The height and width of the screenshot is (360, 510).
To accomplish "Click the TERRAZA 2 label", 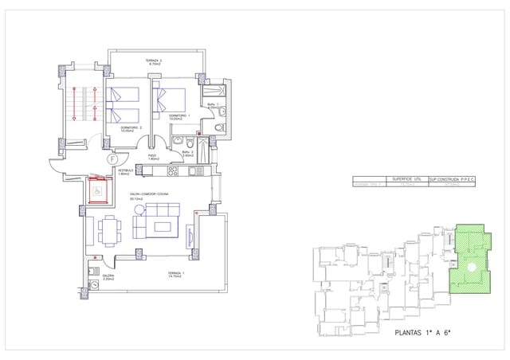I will pyautogui.click(x=154, y=62).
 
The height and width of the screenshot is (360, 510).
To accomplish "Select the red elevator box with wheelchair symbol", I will pyautogui.click(x=97, y=192).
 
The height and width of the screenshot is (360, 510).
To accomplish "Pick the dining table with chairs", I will pyautogui.click(x=110, y=231).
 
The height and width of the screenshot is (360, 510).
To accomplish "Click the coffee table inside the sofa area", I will pyautogui.click(x=164, y=227).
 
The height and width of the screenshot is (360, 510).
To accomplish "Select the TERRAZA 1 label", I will pyautogui.click(x=175, y=275).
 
